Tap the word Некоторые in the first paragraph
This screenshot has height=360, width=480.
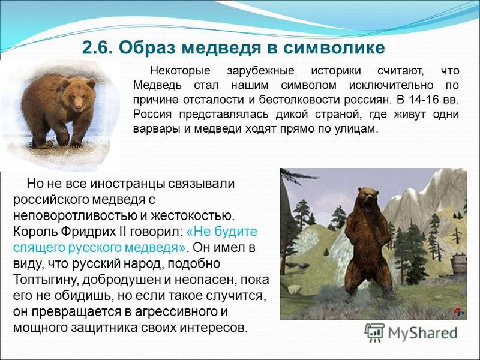point(181,71)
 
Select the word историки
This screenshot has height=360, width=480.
point(336,71)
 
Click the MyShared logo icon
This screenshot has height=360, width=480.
point(374,332)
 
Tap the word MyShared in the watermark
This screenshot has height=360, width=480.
point(422,333)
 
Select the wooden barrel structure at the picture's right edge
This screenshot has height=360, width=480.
point(458,263)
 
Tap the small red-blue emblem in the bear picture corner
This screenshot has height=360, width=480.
point(459,312)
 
